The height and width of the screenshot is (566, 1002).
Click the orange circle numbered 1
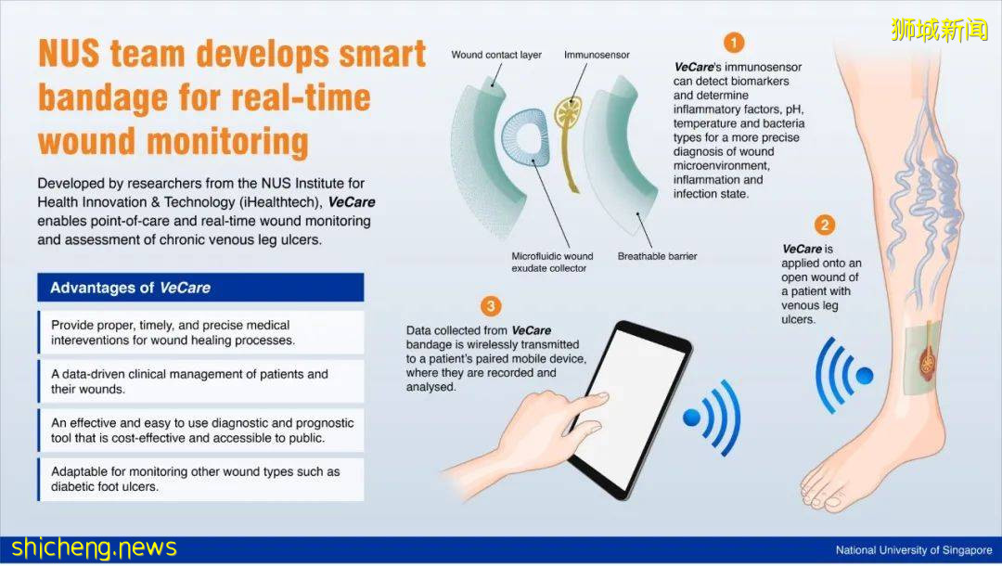(734, 43)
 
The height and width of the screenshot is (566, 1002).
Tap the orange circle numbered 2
(825, 225)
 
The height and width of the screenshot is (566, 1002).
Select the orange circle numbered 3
(491, 306)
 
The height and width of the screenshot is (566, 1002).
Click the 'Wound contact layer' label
(495, 55)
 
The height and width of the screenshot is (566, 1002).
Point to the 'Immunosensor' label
(597, 55)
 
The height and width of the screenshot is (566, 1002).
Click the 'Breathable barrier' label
(657, 256)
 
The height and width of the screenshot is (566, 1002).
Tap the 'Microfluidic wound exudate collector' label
(551, 262)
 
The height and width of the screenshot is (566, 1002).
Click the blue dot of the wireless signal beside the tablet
(691, 418)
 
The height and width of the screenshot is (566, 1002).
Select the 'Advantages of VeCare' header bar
(200, 288)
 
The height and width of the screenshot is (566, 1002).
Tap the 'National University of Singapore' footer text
(914, 550)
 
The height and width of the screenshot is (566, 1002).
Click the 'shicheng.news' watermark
(94, 548)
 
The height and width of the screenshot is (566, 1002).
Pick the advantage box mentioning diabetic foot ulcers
(200, 479)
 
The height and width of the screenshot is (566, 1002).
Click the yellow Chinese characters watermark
(939, 29)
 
